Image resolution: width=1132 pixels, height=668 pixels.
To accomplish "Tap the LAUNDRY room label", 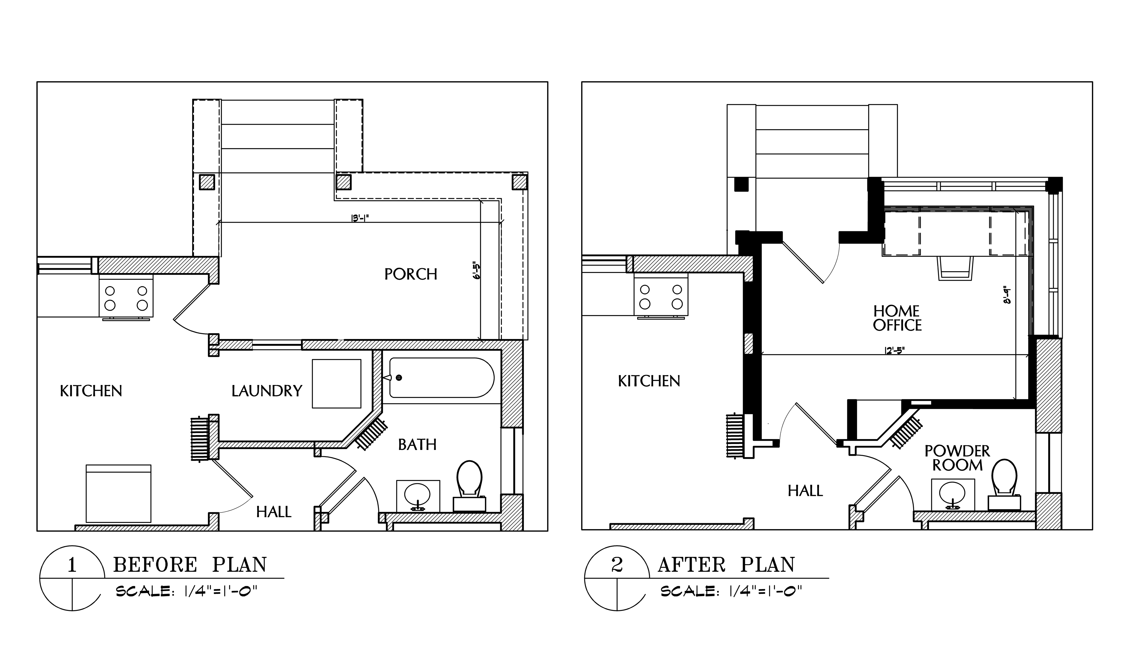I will pos(267,391).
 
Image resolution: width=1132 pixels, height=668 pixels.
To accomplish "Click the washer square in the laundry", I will pos(337,384).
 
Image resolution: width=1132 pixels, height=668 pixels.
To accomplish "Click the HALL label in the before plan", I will pos(274,512).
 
